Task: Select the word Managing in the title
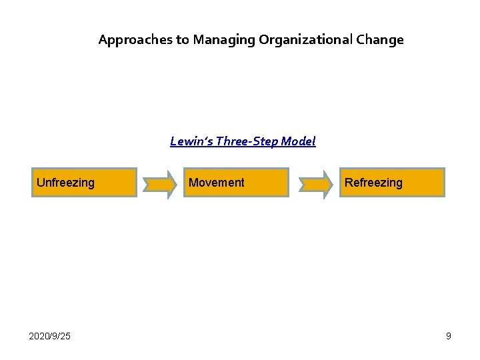click(223, 40)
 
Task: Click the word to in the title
click(183, 40)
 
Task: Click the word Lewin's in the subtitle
click(191, 141)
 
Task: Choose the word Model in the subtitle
click(298, 141)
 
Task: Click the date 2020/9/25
click(49, 336)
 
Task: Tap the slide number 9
click(449, 336)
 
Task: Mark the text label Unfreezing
click(65, 183)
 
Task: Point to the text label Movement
click(217, 183)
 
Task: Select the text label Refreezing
click(373, 183)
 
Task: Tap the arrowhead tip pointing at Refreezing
click(331, 183)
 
